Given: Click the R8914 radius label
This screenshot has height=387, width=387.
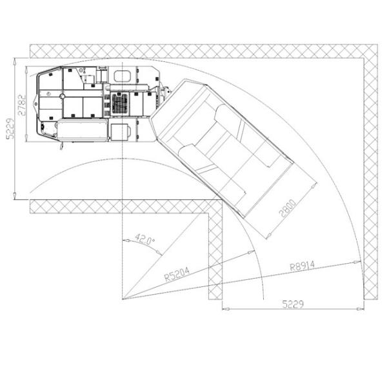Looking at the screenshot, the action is tap(302, 266).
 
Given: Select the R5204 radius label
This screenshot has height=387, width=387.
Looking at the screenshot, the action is tap(177, 274).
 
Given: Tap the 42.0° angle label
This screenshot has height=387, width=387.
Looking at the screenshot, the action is tap(145, 240).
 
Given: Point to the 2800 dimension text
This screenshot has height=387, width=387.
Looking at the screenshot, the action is tap(287, 208).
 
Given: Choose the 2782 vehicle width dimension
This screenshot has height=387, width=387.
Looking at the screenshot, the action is tap(22, 105).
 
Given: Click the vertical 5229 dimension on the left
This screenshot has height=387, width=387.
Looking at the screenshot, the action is tap(10, 129).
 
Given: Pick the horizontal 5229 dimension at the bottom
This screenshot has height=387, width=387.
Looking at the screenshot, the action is tap(293, 304).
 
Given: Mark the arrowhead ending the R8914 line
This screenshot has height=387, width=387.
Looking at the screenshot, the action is tap(357, 262).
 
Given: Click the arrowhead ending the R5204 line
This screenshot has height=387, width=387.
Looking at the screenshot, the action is tap(251, 252).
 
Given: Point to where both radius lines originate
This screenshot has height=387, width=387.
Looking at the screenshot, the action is tap(123, 299).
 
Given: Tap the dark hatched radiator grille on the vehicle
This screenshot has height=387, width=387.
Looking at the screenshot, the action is tap(120, 104).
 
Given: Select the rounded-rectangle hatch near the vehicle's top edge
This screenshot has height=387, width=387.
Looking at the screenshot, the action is tap(122, 76).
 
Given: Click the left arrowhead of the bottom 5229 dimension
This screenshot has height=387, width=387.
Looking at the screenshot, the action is tap(226, 308).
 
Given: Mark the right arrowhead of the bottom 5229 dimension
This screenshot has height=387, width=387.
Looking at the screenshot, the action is tap(361, 308).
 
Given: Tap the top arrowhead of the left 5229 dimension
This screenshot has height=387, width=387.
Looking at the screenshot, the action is tap(15, 61).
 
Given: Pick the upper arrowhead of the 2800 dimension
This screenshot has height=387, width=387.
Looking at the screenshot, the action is tap(314, 186).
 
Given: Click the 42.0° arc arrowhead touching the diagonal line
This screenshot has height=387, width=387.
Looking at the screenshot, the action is tap(159, 253).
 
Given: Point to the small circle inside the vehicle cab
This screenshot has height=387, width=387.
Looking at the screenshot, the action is tap(63, 96).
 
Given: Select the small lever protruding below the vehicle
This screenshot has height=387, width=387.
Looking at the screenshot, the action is tap(61, 146).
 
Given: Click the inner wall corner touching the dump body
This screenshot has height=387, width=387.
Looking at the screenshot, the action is tap(222, 199).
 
